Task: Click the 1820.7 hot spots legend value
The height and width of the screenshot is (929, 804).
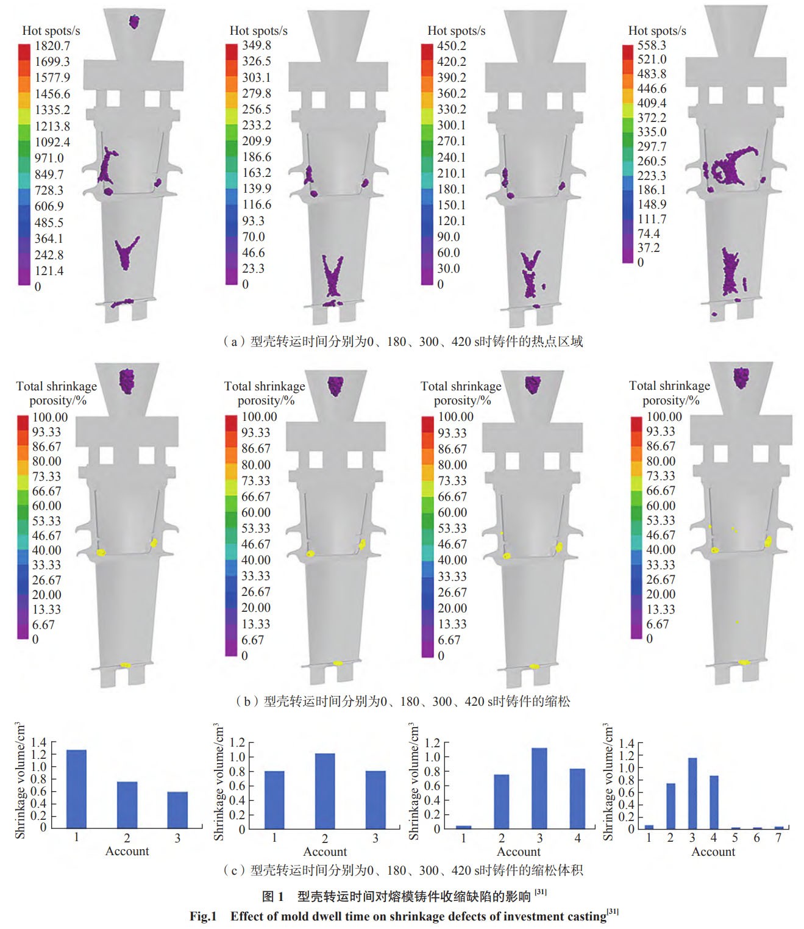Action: tap(52, 46)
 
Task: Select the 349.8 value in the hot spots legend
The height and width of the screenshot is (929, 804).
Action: tap(256, 45)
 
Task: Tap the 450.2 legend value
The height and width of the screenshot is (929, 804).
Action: tap(451, 46)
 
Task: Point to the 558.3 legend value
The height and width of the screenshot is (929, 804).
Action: tap(652, 45)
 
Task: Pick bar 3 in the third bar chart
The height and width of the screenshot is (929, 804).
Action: tap(539, 788)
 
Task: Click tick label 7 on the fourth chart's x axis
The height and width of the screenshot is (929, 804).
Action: tap(778, 838)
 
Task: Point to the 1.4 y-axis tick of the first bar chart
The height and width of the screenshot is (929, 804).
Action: tap(38, 742)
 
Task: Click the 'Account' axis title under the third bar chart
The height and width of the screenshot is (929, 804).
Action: tap(518, 852)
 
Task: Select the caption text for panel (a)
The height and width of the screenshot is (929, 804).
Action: tap(403, 342)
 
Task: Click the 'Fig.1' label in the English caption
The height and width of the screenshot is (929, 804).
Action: tap(203, 916)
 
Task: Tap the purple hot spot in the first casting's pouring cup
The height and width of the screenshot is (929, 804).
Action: tap(134, 22)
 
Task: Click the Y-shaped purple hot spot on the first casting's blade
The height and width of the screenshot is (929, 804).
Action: tap(127, 251)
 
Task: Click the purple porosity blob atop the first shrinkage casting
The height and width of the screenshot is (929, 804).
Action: tap(127, 381)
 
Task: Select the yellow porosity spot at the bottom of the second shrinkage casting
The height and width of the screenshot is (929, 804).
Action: tap(338, 662)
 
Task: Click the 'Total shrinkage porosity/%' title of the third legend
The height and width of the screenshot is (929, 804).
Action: tap(461, 393)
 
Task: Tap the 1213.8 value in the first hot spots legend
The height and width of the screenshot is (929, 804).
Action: tap(52, 126)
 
